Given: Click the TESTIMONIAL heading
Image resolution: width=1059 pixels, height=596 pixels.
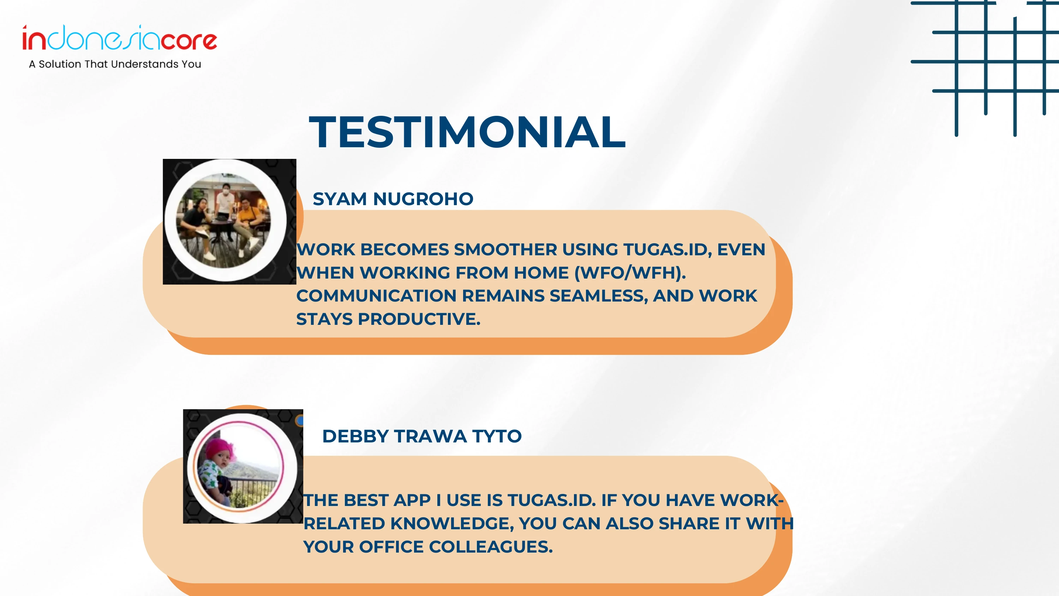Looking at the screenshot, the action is tap(467, 132).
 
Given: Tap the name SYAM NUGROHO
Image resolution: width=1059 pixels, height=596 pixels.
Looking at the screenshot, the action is tap(393, 199).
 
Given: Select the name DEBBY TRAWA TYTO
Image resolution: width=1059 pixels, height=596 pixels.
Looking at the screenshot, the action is tap(422, 436).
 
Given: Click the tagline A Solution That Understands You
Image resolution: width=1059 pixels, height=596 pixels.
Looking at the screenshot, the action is tap(115, 64).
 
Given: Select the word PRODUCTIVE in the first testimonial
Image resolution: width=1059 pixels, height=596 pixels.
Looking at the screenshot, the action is tap(419, 319).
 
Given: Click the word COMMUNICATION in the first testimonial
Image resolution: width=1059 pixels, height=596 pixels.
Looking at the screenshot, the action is tap(376, 296).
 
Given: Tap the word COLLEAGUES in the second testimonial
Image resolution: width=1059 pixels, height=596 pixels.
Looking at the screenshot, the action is tap(491, 547).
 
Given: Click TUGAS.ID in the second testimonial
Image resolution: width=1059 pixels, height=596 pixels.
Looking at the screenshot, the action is tap(552, 501).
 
